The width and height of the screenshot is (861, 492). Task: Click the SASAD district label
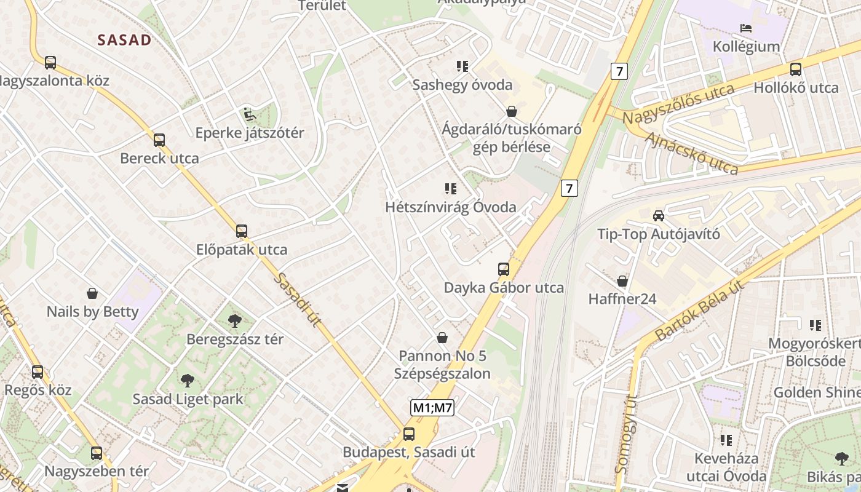click(x=124, y=41)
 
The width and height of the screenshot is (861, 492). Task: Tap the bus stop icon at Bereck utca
click(x=159, y=140)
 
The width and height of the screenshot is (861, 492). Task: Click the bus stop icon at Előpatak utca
click(x=242, y=232)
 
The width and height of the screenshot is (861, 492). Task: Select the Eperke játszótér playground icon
click(x=249, y=114)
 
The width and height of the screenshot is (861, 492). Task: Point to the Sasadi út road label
click(x=298, y=300)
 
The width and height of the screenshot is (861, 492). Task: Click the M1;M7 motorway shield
click(x=432, y=407)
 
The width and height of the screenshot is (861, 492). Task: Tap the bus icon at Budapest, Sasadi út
click(x=409, y=434)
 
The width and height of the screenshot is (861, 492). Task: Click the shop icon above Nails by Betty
click(x=92, y=293)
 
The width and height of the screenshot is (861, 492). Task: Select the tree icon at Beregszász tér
click(x=234, y=320)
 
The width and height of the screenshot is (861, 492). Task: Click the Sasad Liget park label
click(x=188, y=399)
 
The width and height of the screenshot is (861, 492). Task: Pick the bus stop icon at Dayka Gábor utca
click(x=504, y=269)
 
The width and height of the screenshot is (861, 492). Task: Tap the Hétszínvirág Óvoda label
click(x=451, y=207)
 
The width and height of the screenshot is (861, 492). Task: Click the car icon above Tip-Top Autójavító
click(x=659, y=216)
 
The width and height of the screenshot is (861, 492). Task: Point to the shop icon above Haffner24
click(x=622, y=282)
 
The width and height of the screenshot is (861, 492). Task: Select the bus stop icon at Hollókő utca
click(x=796, y=69)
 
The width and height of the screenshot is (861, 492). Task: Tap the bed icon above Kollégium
click(x=746, y=28)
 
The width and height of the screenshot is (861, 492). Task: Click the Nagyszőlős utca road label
click(x=678, y=104)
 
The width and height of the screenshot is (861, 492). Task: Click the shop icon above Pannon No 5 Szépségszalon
click(x=442, y=338)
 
